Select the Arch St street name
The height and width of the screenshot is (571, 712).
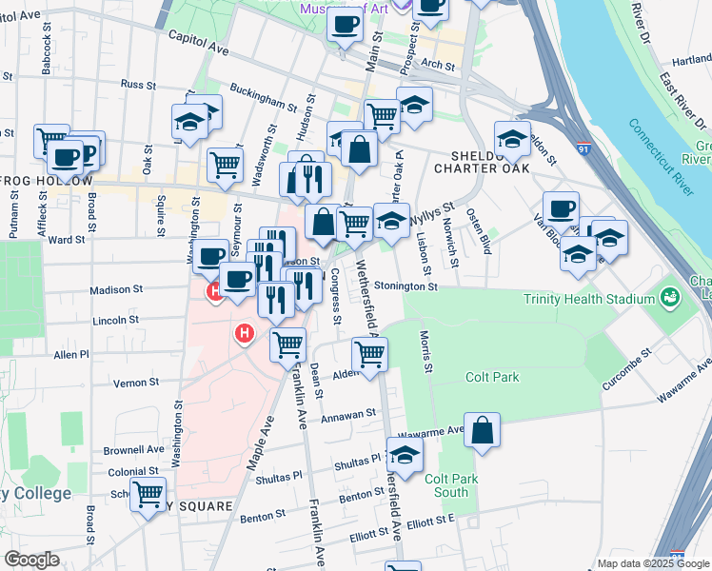coord(439,65)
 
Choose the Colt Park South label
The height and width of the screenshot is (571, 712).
coord(446,485)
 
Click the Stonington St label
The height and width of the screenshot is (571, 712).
coord(405,285)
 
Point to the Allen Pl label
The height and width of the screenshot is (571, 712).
coord(71,354)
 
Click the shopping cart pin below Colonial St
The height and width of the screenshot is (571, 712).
coord(148,495)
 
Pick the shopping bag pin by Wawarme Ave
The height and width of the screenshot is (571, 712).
coord(483,429)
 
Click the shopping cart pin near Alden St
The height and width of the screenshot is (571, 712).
coord(369,354)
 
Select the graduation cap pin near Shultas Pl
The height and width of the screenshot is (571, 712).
coord(405,456)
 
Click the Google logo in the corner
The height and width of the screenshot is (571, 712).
coord(30,560)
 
